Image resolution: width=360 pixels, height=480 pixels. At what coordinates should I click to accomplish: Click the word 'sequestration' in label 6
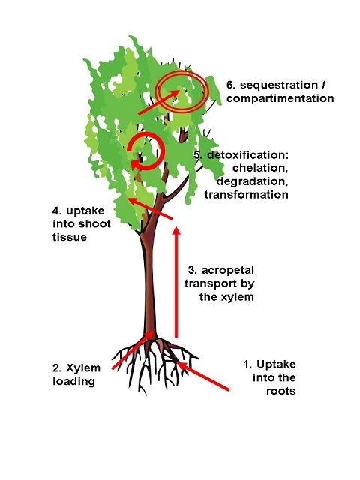pos(279,85)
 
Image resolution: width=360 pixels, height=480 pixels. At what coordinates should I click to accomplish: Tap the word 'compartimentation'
pos(280,98)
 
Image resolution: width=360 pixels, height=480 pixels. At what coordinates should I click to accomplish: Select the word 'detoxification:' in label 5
pos(248,155)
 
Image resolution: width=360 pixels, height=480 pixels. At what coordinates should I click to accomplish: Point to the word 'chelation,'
pos(260,168)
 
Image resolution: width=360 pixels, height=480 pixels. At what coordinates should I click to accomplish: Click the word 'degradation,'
pos(253,181)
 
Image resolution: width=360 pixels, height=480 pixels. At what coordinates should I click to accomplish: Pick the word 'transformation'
pos(247,195)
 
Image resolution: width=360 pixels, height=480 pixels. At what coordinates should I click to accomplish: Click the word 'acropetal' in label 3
pos(228,270)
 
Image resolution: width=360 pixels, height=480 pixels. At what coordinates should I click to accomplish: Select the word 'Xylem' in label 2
pos(83,367)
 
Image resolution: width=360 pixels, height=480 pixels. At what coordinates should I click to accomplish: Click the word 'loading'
pos(73,382)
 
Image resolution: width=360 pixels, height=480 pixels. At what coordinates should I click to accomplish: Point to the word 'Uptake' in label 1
pos(276,364)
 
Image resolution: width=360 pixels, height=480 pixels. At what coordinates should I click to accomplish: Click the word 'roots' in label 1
pos(280,391)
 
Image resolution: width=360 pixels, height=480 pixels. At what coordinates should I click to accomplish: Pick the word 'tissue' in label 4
pos(70,237)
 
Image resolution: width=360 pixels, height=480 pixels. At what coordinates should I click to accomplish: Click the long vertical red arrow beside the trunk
pos(176,282)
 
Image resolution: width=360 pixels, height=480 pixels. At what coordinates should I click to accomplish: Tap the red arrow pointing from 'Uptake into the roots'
pos(203,376)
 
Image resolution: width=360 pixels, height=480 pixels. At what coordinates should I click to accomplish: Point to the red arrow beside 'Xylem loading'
pos(132,350)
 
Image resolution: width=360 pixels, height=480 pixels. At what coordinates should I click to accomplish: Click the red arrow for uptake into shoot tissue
pos(150,208)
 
